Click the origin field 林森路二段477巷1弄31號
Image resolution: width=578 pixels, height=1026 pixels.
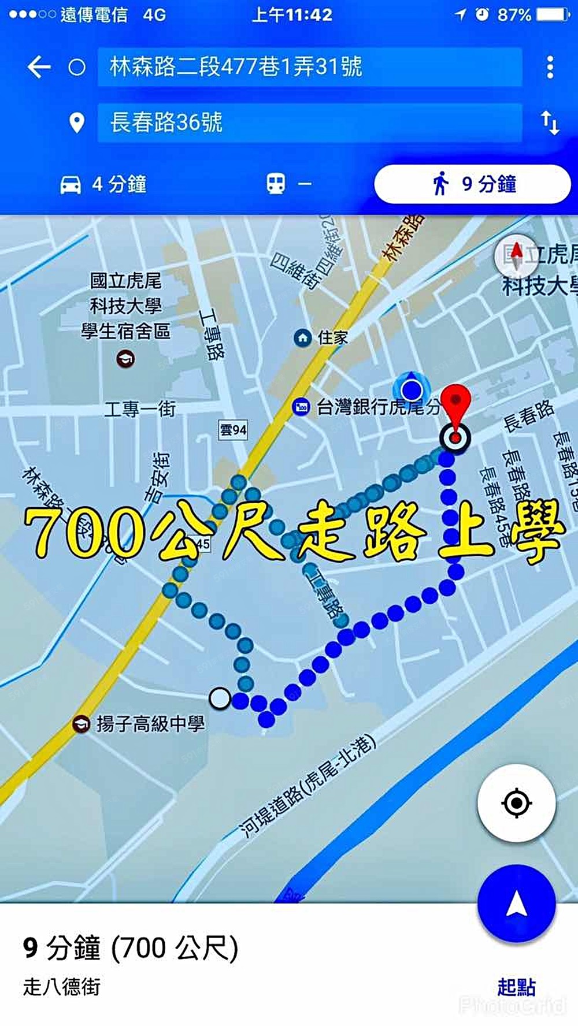click(x=309, y=67)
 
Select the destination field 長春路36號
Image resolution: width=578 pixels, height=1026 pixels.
click(x=309, y=122)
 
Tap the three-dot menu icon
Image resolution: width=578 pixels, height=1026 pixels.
click(x=550, y=67)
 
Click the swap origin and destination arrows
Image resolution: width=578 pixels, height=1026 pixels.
click(x=550, y=122)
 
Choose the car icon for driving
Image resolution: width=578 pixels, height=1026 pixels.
click(x=71, y=185)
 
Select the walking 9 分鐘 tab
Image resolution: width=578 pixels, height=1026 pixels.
click(x=472, y=184)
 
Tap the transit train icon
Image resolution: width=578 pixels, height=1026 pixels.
click(x=275, y=184)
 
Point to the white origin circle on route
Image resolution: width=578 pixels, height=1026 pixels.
click(x=220, y=698)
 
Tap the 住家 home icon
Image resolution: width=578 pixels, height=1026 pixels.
click(x=303, y=337)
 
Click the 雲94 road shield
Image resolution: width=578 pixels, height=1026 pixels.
click(x=233, y=430)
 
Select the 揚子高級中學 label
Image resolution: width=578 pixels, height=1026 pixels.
click(x=150, y=723)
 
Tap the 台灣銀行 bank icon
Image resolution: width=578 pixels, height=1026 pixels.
click(x=301, y=407)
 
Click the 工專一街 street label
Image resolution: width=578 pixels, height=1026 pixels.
click(x=140, y=409)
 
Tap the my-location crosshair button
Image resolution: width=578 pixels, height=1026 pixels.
click(x=516, y=802)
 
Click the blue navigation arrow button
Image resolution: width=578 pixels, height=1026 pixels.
click(x=516, y=904)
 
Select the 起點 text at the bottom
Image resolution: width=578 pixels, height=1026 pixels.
click(x=516, y=987)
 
